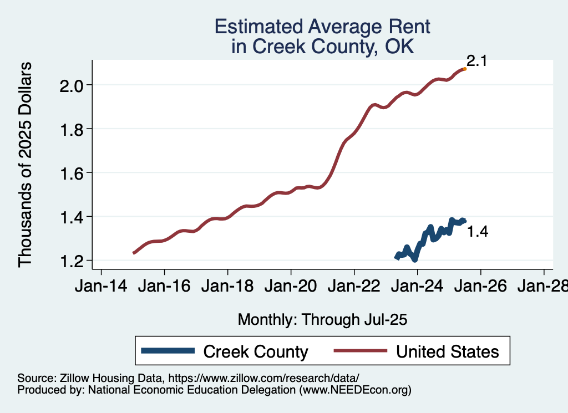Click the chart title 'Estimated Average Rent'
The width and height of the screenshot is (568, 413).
click(x=322, y=27)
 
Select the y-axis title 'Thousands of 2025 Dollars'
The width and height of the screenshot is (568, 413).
click(x=26, y=164)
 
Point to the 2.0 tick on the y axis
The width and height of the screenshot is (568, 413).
click(x=72, y=85)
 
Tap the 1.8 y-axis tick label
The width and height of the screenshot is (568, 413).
click(x=72, y=129)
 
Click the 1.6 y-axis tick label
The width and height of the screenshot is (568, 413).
click(x=72, y=173)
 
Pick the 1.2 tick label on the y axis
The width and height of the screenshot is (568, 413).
click(x=72, y=261)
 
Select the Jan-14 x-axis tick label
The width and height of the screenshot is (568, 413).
click(x=101, y=287)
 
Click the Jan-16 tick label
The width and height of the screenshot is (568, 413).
click(x=164, y=287)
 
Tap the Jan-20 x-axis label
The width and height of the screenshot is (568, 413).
click(x=291, y=287)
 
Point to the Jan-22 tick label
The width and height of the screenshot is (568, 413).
click(x=354, y=287)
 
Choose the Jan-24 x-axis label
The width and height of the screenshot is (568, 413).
click(x=417, y=287)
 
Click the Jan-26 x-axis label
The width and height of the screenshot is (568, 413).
click(x=480, y=287)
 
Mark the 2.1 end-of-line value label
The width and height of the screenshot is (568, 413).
click(x=476, y=61)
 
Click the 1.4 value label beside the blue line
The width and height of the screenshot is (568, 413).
click(x=478, y=232)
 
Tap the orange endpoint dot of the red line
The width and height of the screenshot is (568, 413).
click(x=464, y=69)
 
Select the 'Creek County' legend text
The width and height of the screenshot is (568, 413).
click(x=256, y=351)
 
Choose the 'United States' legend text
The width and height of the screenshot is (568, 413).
click(x=447, y=351)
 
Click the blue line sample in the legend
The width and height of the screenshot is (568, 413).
click(x=168, y=351)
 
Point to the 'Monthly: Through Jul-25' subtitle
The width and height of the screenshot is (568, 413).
click(x=322, y=320)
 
